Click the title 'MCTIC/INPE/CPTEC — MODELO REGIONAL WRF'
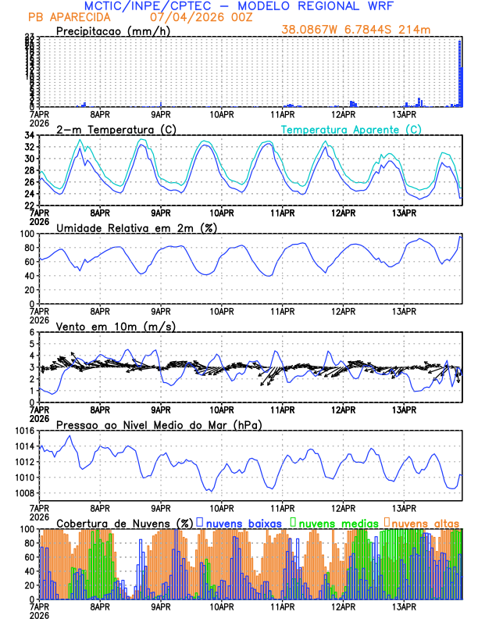(x=238, y=6)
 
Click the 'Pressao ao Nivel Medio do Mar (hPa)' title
(x=159, y=424)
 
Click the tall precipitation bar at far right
(x=460, y=70)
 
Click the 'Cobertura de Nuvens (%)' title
(x=125, y=522)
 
